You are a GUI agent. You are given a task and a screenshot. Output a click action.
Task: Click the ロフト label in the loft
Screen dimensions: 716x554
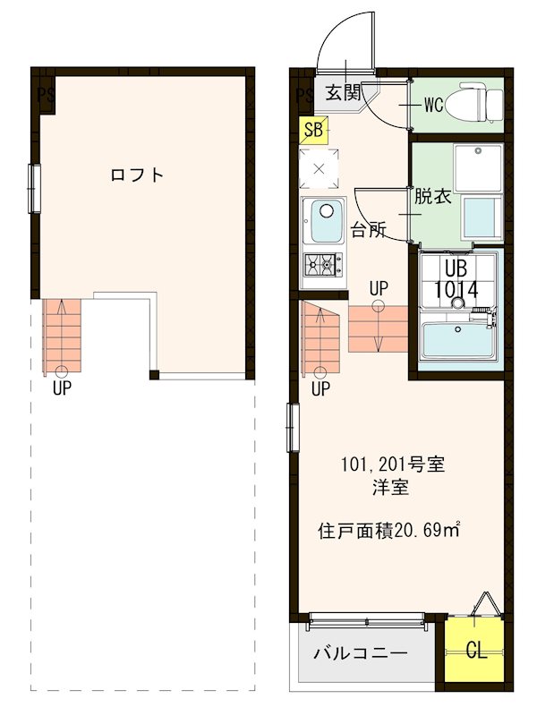click(137, 175)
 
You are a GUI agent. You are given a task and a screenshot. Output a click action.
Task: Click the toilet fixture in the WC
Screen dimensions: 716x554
click(471, 104)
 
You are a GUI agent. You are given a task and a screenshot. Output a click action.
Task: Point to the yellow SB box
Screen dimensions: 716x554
click(313, 130)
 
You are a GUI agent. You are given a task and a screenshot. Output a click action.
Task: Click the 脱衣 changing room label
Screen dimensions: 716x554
click(431, 198)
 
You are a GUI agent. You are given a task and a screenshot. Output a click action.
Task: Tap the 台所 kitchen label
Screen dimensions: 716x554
click(367, 229)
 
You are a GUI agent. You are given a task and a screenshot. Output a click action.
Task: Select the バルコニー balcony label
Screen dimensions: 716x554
click(360, 653)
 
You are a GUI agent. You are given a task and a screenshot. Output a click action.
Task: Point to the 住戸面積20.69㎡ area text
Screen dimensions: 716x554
click(389, 530)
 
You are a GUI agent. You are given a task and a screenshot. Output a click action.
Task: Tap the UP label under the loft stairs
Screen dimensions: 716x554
click(62, 388)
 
